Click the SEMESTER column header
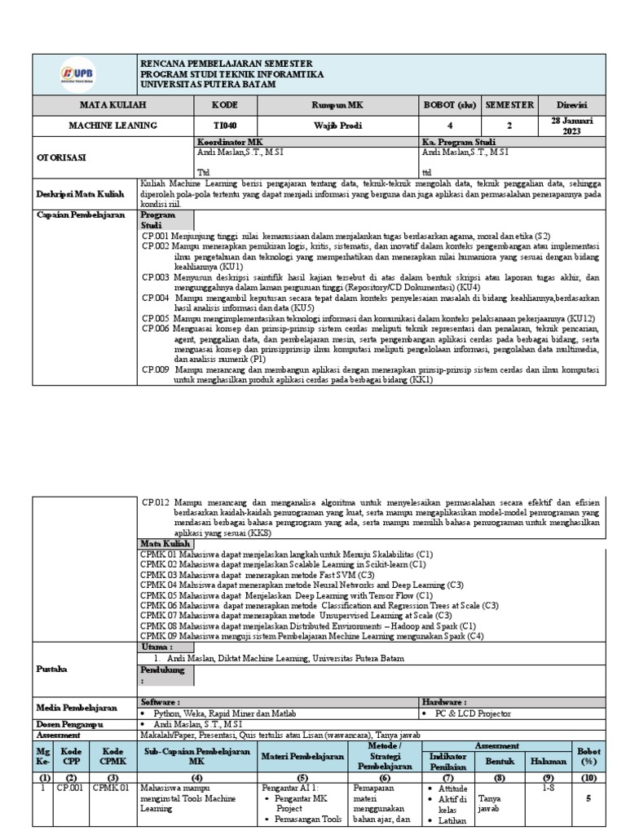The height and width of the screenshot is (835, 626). (509, 104)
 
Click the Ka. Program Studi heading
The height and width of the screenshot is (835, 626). (459, 142)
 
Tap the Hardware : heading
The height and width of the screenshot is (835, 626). (444, 700)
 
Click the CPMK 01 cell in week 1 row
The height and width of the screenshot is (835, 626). (109, 789)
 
